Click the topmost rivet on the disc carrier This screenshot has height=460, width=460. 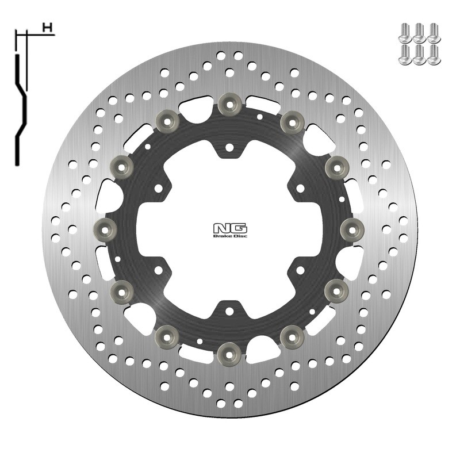pos(229,103)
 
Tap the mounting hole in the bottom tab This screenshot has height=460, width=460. pos(229,312)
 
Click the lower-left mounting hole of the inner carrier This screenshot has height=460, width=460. pos(159,268)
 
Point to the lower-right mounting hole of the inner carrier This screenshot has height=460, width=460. pos(300,268)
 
